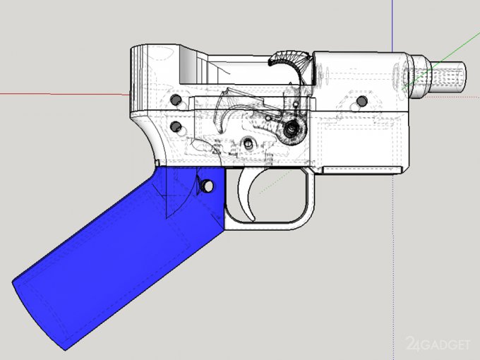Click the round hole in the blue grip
(208, 186)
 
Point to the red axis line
(65, 94)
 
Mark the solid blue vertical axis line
(392, 26)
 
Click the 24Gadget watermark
(438, 344)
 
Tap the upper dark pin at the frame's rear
(175, 100)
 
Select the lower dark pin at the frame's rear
(175, 126)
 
